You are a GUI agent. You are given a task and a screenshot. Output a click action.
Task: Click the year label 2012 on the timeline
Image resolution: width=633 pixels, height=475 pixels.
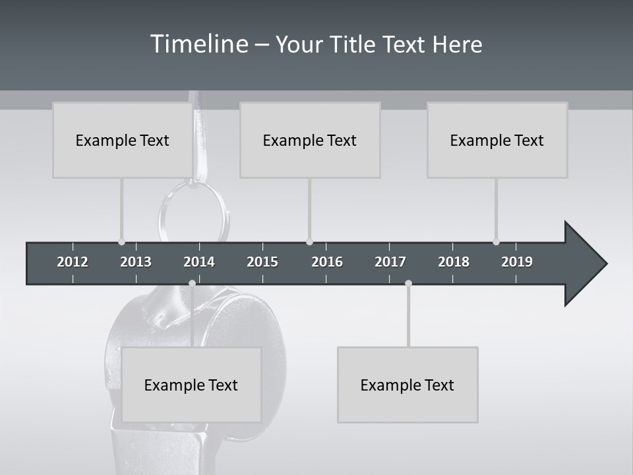[x=73, y=262]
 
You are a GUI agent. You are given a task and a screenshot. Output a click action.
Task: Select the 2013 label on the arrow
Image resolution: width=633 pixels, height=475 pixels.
[x=136, y=262]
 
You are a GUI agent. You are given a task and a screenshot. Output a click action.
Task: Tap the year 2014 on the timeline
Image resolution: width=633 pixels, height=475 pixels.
[x=199, y=262]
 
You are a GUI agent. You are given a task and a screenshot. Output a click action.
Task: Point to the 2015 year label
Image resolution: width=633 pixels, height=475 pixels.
[x=262, y=262]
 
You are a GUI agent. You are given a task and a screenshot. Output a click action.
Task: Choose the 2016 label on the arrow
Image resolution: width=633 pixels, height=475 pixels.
[x=327, y=262]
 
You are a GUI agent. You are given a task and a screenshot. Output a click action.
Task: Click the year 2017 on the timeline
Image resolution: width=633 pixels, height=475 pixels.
[x=390, y=262]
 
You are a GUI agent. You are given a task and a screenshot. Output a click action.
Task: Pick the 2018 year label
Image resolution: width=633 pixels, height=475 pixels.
[x=454, y=262]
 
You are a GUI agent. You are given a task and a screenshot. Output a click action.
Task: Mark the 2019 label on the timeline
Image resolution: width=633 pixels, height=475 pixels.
[x=517, y=262]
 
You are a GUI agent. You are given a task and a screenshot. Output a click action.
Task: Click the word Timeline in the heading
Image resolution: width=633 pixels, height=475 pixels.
[x=198, y=44]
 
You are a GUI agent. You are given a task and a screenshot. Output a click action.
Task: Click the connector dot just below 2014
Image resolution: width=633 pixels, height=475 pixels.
[x=192, y=283]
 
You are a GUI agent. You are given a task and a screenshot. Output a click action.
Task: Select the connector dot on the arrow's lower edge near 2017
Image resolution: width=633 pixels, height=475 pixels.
[x=408, y=283]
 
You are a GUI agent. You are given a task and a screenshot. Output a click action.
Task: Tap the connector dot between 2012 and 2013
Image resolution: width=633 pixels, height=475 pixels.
[x=121, y=242]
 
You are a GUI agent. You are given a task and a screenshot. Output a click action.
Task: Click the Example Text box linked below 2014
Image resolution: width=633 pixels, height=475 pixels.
[x=191, y=385]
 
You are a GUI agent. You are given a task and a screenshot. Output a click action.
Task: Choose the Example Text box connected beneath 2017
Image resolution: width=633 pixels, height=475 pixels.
[x=407, y=385]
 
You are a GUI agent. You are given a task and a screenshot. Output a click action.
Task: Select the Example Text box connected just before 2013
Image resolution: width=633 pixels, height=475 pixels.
[x=123, y=140]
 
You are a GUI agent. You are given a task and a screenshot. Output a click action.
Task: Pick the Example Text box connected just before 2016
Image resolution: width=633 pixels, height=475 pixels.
[x=310, y=140]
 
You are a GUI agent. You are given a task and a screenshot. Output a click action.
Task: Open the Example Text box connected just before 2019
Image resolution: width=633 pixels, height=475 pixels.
[x=497, y=140]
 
